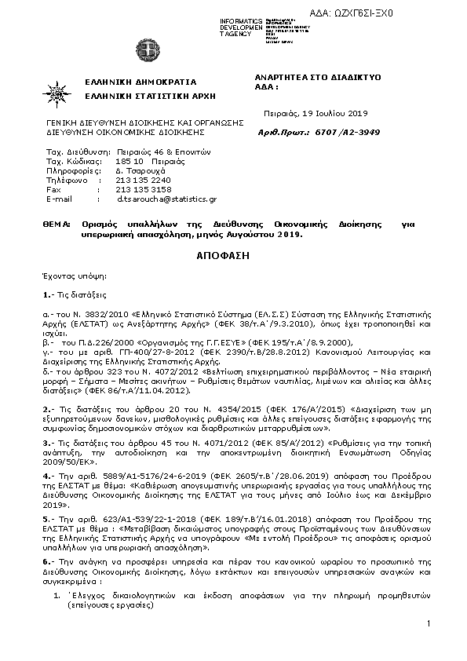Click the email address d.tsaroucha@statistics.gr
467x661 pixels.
pyautogui.click(x=166, y=199)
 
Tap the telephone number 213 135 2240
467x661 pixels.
pyautogui.click(x=143, y=180)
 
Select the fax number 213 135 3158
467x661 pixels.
pyautogui.click(x=143, y=189)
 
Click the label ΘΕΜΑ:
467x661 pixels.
pyautogui.click(x=57, y=224)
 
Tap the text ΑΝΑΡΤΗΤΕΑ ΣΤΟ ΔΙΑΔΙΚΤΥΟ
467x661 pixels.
pyautogui.click(x=319, y=77)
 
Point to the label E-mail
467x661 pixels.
pyautogui.click(x=60, y=199)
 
